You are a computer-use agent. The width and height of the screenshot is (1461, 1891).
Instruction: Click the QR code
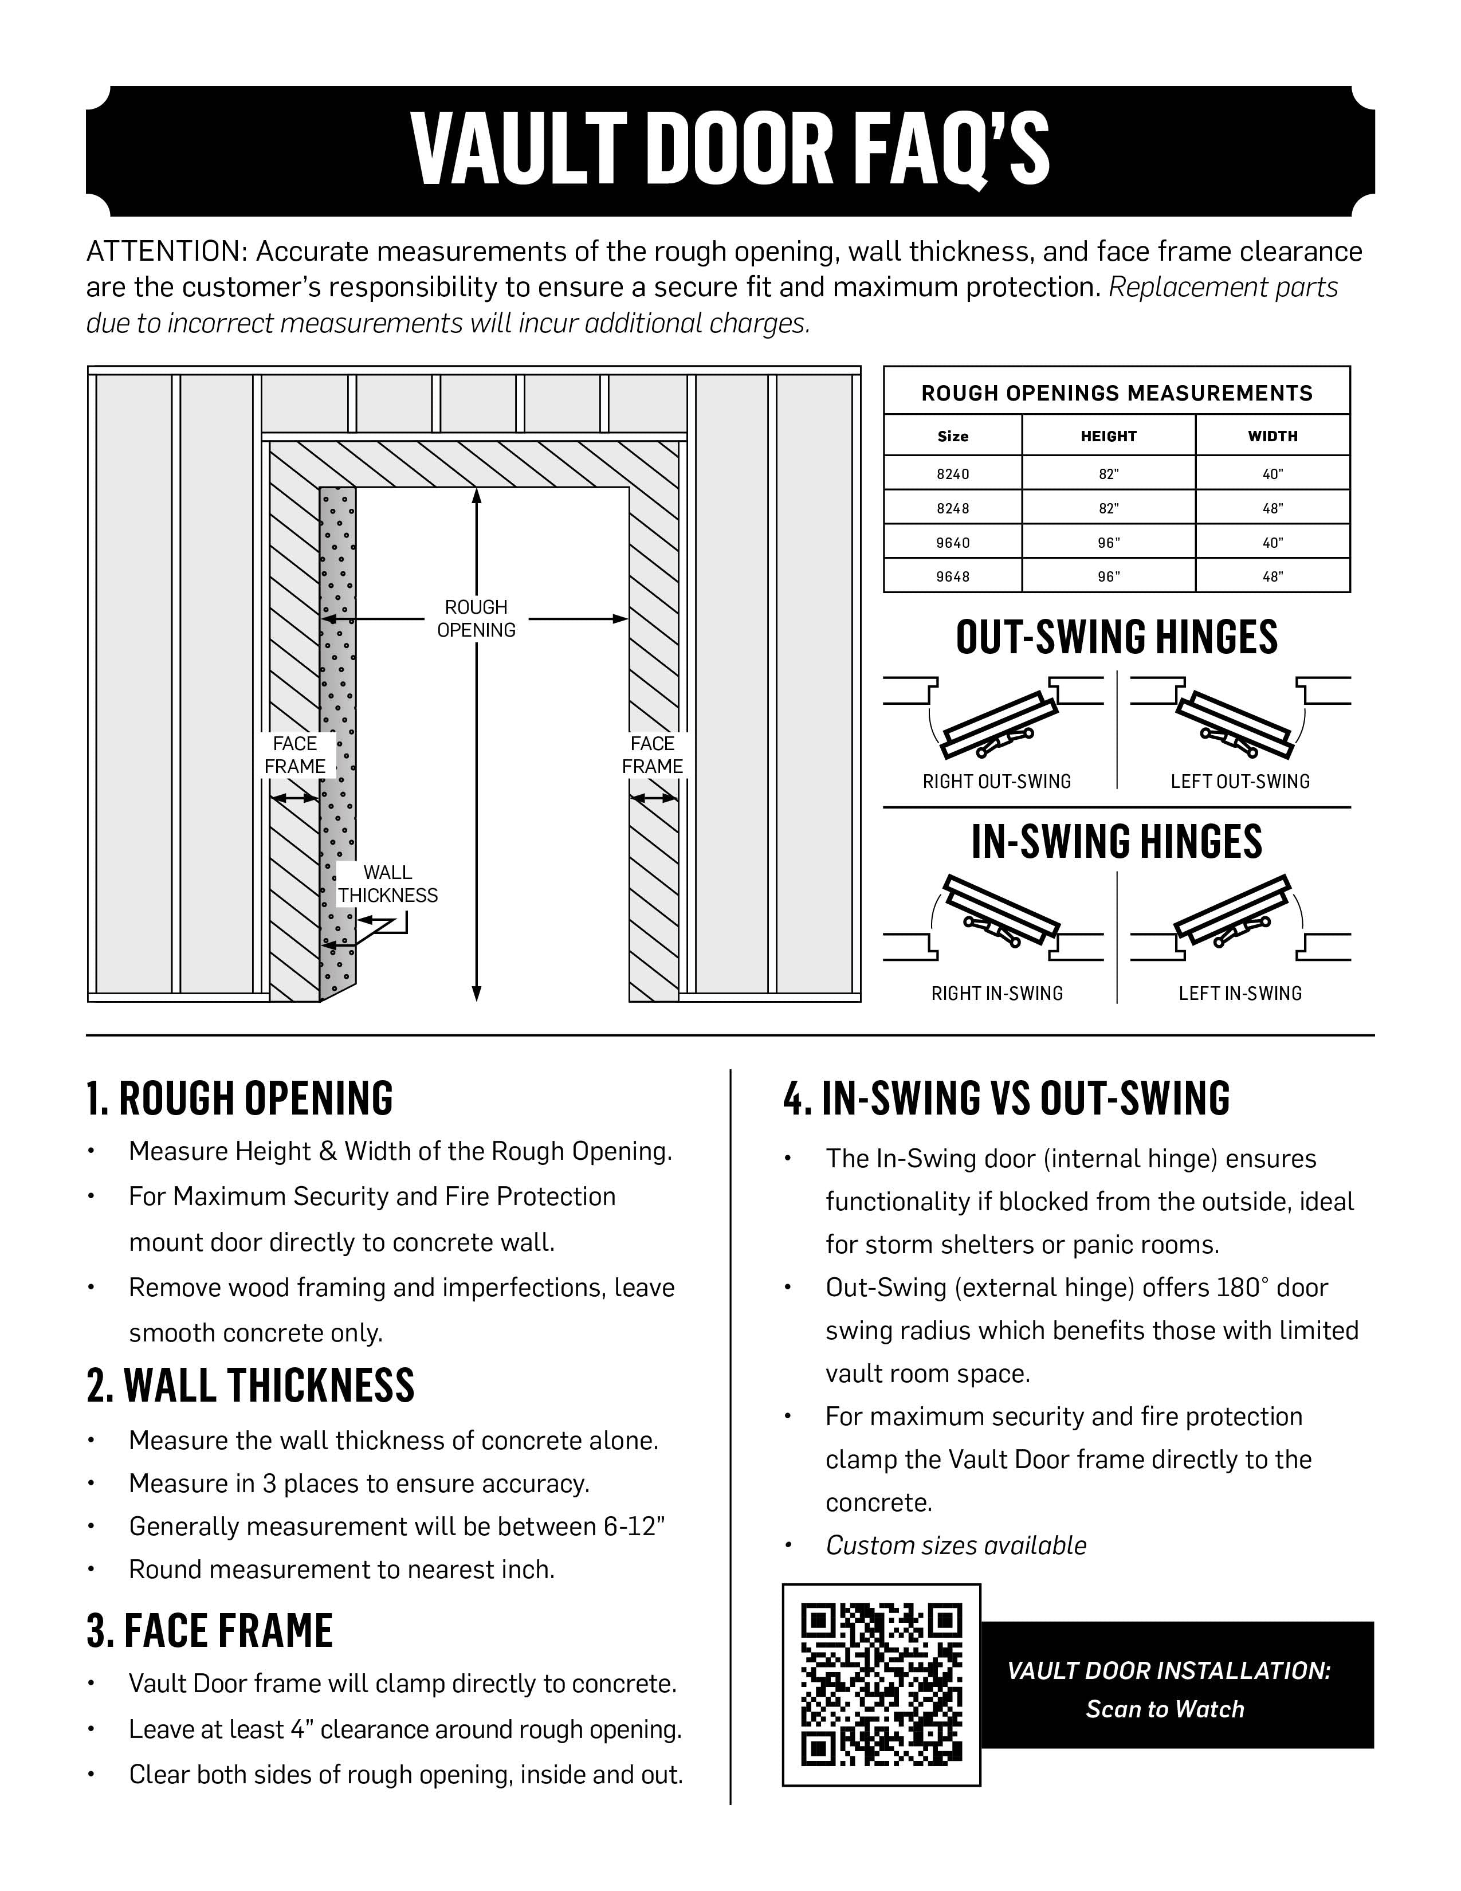pyautogui.click(x=881, y=1685)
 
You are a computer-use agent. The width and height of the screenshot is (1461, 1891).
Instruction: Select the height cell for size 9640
pyautogui.click(x=1108, y=543)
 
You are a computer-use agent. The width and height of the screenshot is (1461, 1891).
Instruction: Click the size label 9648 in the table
pyautogui.click(x=952, y=576)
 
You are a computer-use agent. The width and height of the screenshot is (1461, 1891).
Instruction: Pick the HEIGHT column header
pyautogui.click(x=1108, y=437)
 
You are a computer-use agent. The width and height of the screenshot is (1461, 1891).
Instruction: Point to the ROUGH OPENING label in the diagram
pyautogui.click(x=476, y=618)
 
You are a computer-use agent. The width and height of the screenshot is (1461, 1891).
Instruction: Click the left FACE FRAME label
pyautogui.click(x=295, y=755)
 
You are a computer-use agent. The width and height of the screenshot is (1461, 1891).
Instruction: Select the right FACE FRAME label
pyautogui.click(x=652, y=755)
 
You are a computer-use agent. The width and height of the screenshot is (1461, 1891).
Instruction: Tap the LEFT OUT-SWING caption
pyautogui.click(x=1239, y=782)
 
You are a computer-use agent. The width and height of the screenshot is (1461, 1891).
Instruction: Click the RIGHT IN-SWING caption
pyautogui.click(x=996, y=994)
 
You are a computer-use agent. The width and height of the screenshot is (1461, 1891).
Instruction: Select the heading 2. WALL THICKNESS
pyautogui.click(x=250, y=1386)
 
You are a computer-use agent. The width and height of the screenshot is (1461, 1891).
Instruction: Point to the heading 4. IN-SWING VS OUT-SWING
pyautogui.click(x=1006, y=1098)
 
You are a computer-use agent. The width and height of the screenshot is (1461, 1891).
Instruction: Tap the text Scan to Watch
pyautogui.click(x=1165, y=1709)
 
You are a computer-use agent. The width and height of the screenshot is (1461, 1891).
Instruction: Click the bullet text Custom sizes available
pyautogui.click(x=956, y=1545)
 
